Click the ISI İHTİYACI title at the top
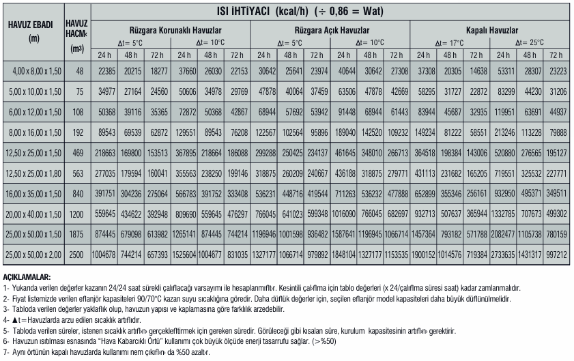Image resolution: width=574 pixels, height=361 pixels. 332,11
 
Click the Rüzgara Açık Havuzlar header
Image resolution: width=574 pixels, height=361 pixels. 332,31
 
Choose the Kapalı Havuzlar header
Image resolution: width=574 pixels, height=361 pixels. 492,31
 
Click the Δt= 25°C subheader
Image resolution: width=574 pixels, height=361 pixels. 531,42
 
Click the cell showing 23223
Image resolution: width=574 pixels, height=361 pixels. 557,71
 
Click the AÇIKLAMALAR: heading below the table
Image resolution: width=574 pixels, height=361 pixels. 27,277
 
